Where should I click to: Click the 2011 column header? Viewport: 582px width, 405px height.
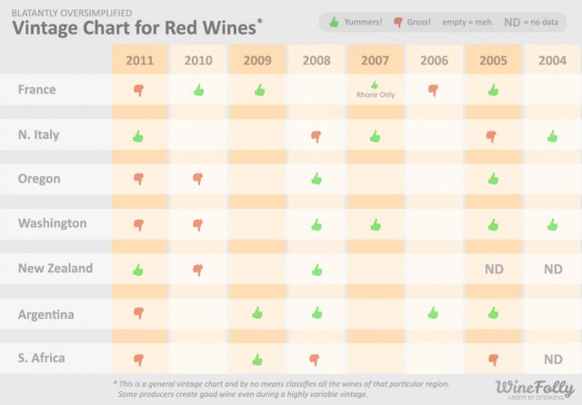pos(139,61)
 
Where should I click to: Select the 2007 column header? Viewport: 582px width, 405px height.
pos(375,61)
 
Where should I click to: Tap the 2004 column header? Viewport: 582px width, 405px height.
pos(552,61)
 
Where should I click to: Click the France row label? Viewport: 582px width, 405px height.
pos(36,90)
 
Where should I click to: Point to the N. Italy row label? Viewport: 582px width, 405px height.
pos(38,134)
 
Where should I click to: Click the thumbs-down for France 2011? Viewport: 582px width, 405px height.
pos(139,91)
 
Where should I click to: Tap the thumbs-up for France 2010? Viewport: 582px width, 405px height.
pos(198,90)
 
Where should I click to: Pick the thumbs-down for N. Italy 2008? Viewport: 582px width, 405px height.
pos(316,136)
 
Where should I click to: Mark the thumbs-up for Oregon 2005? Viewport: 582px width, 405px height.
pos(492,178)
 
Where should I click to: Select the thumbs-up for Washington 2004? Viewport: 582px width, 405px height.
pos(552,223)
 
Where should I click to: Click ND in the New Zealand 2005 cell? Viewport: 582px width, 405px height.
pos(492,269)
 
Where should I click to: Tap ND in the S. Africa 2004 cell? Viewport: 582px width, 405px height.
pos(552,358)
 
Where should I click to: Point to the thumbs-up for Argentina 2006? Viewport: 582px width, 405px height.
pos(434,312)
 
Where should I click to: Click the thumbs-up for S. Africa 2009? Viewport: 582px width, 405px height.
pos(257,358)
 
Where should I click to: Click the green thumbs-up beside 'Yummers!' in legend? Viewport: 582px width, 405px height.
pos(334,20)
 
